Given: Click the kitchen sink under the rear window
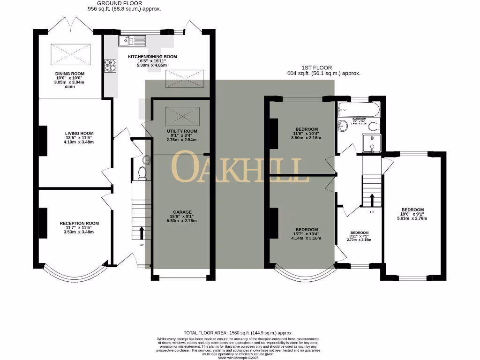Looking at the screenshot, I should [132, 41].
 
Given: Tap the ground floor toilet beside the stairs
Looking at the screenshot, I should [142, 173].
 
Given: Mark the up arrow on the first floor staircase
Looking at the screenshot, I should [372, 200].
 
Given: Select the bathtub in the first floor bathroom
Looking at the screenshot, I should [358, 111].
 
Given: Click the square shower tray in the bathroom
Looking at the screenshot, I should [371, 143].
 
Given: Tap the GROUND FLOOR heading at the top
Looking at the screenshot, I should [120, 3].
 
